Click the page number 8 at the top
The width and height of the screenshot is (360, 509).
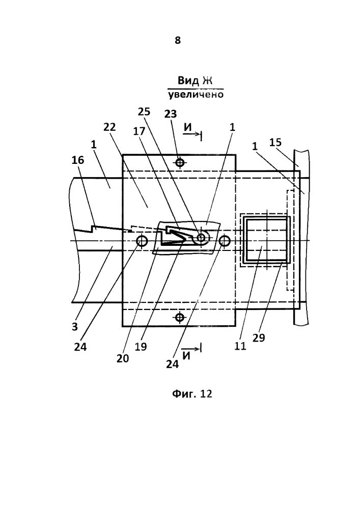178,40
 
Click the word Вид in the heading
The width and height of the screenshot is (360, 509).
188,80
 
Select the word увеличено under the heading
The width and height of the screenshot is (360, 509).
196,95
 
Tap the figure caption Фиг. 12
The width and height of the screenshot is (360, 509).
192,394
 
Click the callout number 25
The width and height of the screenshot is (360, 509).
144,111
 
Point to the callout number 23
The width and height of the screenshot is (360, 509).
171,114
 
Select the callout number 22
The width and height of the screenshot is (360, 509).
109,127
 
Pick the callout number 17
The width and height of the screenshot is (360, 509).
139,131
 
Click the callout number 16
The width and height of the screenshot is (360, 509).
77,160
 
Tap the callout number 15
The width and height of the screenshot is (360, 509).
275,142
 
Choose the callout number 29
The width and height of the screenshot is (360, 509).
258,338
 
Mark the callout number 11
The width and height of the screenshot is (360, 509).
240,346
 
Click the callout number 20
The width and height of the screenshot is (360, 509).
123,358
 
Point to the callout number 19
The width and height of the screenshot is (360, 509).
141,346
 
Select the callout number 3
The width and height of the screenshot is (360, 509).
75,327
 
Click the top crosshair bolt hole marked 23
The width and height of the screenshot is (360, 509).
180,162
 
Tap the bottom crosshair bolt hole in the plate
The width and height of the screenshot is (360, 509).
180,317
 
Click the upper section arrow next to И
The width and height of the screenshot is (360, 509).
195,133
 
